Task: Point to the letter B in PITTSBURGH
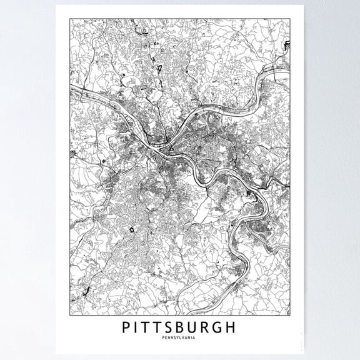187,327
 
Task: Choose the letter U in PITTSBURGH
202,327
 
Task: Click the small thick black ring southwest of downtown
132,230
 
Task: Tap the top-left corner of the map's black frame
69,18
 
